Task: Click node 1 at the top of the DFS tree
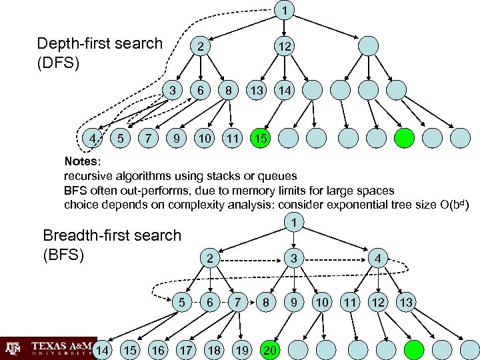(285, 11)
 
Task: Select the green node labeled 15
(261, 138)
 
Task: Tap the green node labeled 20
(270, 349)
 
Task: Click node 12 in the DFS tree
(285, 46)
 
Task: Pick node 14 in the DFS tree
(285, 89)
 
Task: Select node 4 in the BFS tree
(378, 258)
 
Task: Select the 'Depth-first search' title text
(100, 44)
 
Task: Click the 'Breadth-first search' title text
(111, 235)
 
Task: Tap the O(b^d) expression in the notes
(454, 204)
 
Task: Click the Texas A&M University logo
(47, 348)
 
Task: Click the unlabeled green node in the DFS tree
(404, 138)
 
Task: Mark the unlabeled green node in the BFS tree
(415, 349)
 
